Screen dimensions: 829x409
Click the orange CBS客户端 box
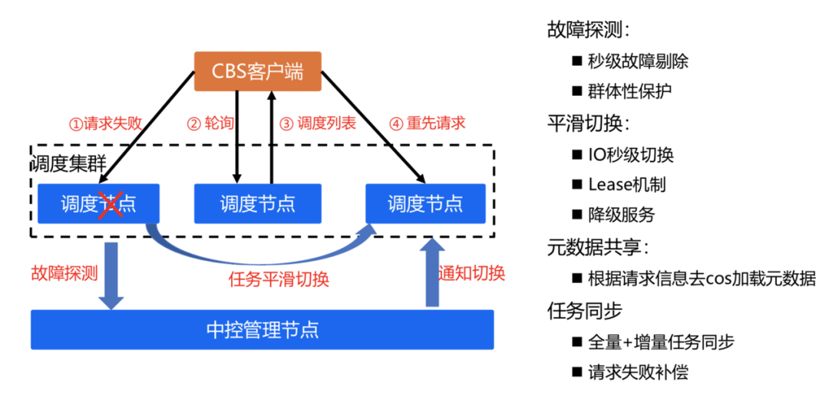[x=258, y=71]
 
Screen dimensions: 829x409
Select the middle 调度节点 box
[x=258, y=203]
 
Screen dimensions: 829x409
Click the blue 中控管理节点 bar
[x=263, y=330]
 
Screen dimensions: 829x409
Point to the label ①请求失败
[x=105, y=124]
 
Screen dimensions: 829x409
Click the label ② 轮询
[x=210, y=124]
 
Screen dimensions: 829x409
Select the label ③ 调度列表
[x=319, y=124]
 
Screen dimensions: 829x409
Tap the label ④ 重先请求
[x=428, y=124]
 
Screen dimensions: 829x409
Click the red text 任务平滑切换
[x=279, y=279]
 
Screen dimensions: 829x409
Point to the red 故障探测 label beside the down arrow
[x=64, y=273]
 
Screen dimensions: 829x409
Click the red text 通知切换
[x=471, y=273]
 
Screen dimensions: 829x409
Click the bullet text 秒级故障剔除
[x=638, y=62]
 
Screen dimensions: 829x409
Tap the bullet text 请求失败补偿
[x=638, y=372]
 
